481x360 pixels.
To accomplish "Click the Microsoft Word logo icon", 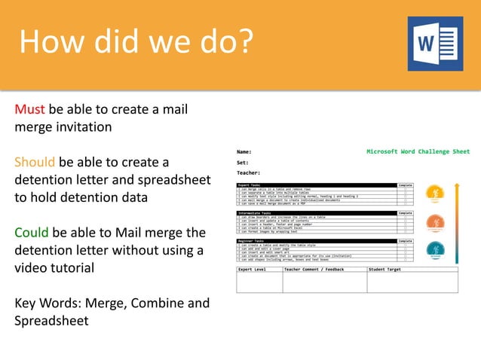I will pos(435,44).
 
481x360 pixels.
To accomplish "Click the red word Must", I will pos(29,109).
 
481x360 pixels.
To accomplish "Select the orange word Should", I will pos(35,162).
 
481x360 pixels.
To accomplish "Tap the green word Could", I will pos(32,232).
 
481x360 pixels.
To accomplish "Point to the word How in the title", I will pos(48,41).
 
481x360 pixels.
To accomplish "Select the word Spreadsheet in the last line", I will pos(51,321).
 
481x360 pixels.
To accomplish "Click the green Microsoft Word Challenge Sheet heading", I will pos(418,151).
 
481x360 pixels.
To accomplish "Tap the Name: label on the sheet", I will pos(244,151).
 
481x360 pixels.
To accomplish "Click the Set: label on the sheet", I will pos(243,162).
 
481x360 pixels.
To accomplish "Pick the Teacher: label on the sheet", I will pos(249,172).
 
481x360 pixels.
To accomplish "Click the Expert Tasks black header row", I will pos(317,185).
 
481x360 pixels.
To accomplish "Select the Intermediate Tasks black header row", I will pos(317,213).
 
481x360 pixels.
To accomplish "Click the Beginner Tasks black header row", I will pos(317,241).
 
